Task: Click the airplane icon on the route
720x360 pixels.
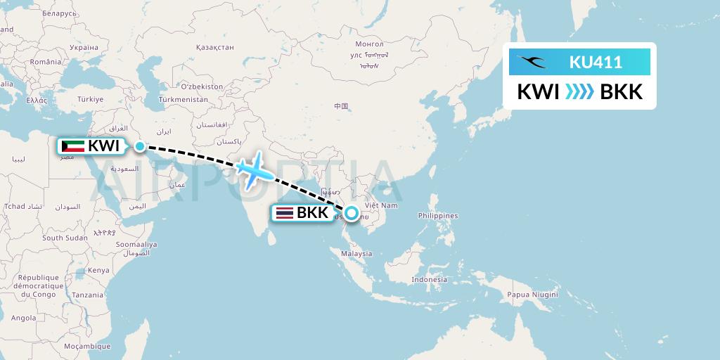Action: pyautogui.click(x=255, y=169)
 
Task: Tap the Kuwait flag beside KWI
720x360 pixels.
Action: pyautogui.click(x=72, y=146)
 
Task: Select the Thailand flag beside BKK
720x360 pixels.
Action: pyautogui.click(x=285, y=212)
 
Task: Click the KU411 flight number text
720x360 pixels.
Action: pyautogui.click(x=595, y=62)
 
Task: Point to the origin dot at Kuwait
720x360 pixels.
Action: pyautogui.click(x=140, y=146)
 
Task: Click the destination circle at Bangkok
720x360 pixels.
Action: pyautogui.click(x=351, y=212)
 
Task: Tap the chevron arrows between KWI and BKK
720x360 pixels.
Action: pyautogui.click(x=579, y=92)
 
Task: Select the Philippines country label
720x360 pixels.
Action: pyautogui.click(x=437, y=216)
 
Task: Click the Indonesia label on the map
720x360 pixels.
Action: pyautogui.click(x=430, y=279)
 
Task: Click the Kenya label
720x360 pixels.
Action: pyautogui.click(x=98, y=270)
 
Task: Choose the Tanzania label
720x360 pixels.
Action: pyautogui.click(x=87, y=295)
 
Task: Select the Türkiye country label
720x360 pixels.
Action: pyautogui.click(x=90, y=99)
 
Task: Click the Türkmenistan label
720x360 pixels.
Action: pyautogui.click(x=184, y=100)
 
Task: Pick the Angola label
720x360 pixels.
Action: pyautogui.click(x=23, y=318)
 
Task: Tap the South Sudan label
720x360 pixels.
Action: pyautogui.click(x=65, y=238)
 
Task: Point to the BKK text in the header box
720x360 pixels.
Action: pyautogui.click(x=621, y=92)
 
